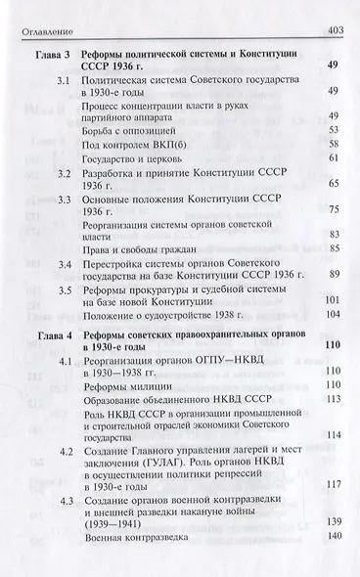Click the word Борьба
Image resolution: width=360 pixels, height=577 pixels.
[x=102, y=129]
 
